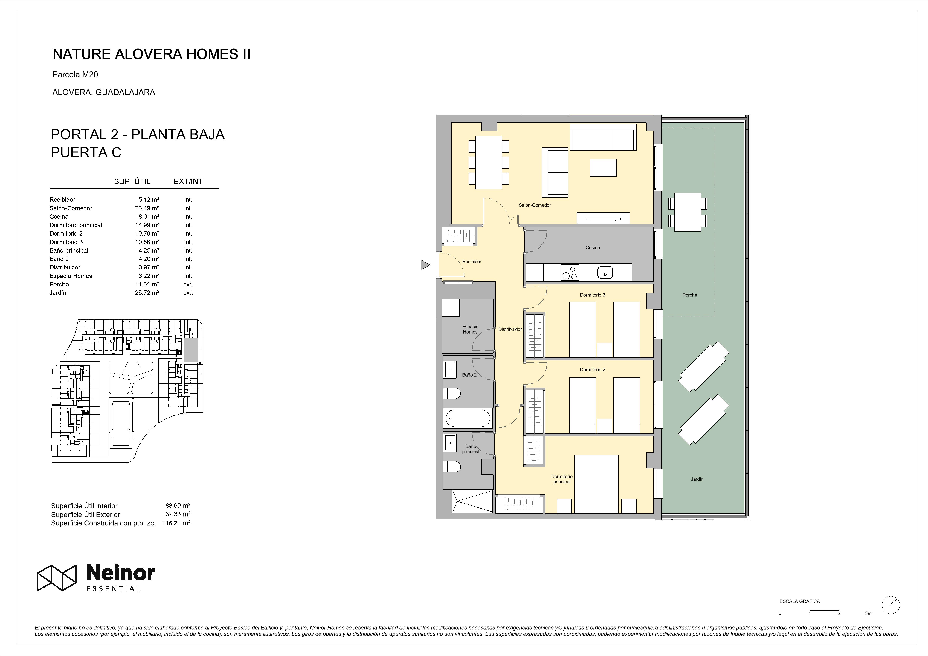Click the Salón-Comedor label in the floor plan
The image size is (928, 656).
tap(535, 205)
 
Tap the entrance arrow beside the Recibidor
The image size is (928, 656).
tap(425, 265)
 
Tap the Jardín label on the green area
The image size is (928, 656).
tap(697, 479)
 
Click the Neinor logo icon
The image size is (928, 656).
tap(57, 578)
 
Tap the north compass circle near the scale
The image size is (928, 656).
tap(891, 616)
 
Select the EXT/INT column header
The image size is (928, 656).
tap(188, 181)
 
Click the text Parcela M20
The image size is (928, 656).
tap(75, 74)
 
